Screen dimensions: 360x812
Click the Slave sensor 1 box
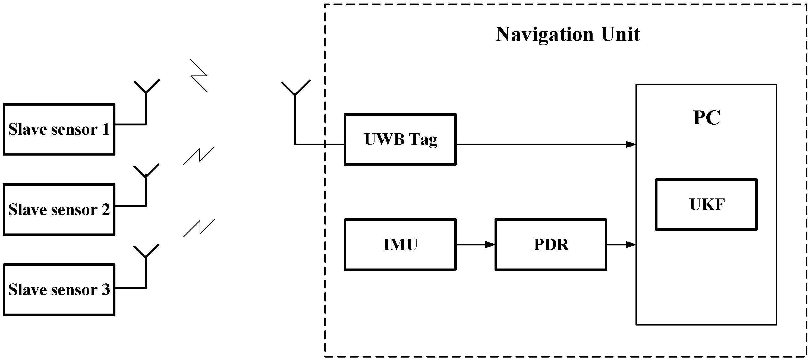click(59, 129)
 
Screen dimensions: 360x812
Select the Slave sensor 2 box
click(59, 209)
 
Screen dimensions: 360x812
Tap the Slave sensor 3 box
click(59, 289)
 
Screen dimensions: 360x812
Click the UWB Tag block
click(400, 139)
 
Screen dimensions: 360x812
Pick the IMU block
click(400, 245)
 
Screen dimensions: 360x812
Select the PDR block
click(551, 245)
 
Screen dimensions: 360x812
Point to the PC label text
click(706, 118)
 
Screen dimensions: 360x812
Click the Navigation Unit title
click(567, 34)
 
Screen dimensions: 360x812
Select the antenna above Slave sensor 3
click(146, 255)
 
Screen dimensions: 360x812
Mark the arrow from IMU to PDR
click(475, 245)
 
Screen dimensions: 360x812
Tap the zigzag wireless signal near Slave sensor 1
click(199, 76)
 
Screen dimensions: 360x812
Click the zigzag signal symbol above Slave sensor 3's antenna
click(199, 228)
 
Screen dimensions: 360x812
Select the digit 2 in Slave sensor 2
click(106, 209)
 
